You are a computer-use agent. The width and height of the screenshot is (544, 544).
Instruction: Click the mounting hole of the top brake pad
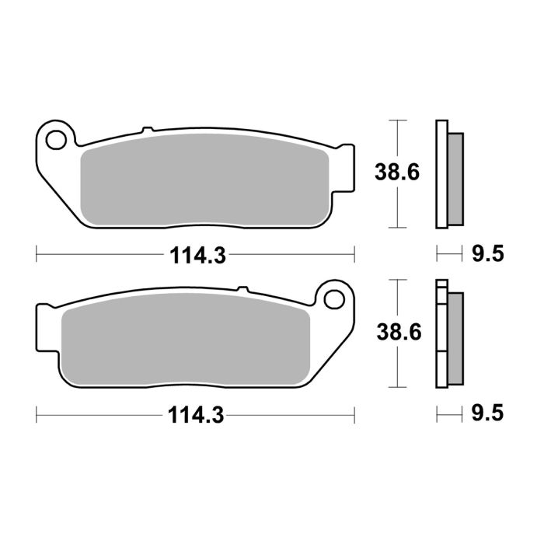click(55, 140)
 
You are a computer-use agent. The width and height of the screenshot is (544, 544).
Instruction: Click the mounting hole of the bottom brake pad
click(335, 298)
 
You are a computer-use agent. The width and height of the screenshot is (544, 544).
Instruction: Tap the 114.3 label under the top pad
click(194, 255)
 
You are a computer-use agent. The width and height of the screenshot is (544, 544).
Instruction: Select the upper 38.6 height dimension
click(398, 173)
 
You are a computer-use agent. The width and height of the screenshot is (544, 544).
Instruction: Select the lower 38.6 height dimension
click(398, 333)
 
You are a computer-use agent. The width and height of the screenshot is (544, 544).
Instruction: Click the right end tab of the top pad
click(345, 155)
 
